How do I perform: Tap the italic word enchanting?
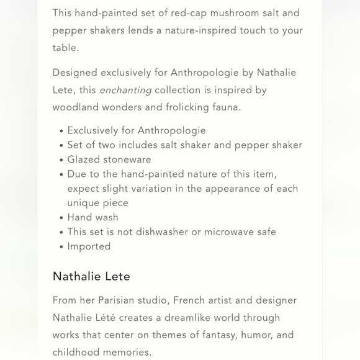tap(125, 91)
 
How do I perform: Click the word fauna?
tap(226, 107)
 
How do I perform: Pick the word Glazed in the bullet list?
tap(84, 160)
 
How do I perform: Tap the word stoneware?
tap(127, 160)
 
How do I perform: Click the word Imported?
tap(89, 246)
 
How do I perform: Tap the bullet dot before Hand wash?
tap(61, 218)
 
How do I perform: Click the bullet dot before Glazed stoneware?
tap(61, 160)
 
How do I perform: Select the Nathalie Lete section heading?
tap(91, 276)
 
